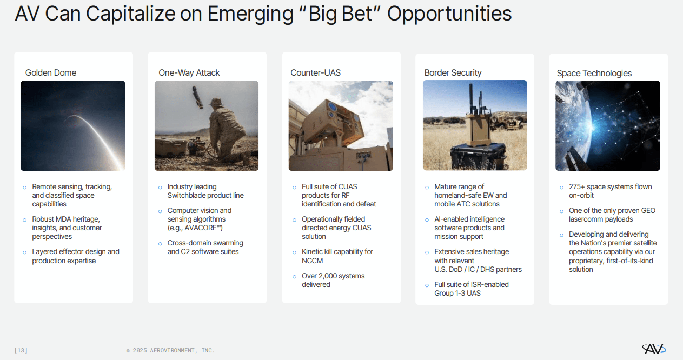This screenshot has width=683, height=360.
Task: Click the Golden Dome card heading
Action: [x=51, y=73]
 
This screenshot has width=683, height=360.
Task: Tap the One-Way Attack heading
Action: [x=189, y=73]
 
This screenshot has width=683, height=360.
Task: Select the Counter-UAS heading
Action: [x=316, y=73]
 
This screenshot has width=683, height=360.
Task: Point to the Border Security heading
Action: [x=453, y=73]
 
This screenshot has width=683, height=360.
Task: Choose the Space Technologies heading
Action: [x=594, y=74]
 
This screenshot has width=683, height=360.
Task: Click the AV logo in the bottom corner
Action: [x=653, y=349]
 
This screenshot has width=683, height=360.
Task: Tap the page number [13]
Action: [x=21, y=350]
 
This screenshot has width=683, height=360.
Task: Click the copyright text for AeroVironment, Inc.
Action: [x=170, y=350]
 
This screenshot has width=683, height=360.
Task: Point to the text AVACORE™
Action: [x=203, y=228]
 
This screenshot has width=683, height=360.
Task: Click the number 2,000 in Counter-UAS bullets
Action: [x=330, y=276]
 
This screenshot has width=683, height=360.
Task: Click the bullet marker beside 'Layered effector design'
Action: [x=24, y=252]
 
